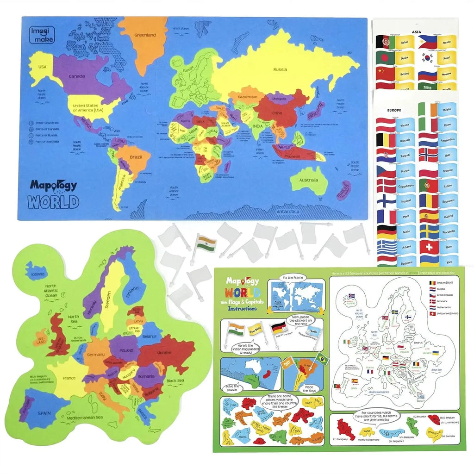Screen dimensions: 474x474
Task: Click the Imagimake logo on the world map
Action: click(42, 35)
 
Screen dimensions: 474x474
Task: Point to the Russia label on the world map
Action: click(280, 69)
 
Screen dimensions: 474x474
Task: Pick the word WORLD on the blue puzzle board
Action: click(53, 202)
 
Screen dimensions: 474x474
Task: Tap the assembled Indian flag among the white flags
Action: click(204, 243)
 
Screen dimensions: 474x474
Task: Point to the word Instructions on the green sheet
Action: click(242, 309)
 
